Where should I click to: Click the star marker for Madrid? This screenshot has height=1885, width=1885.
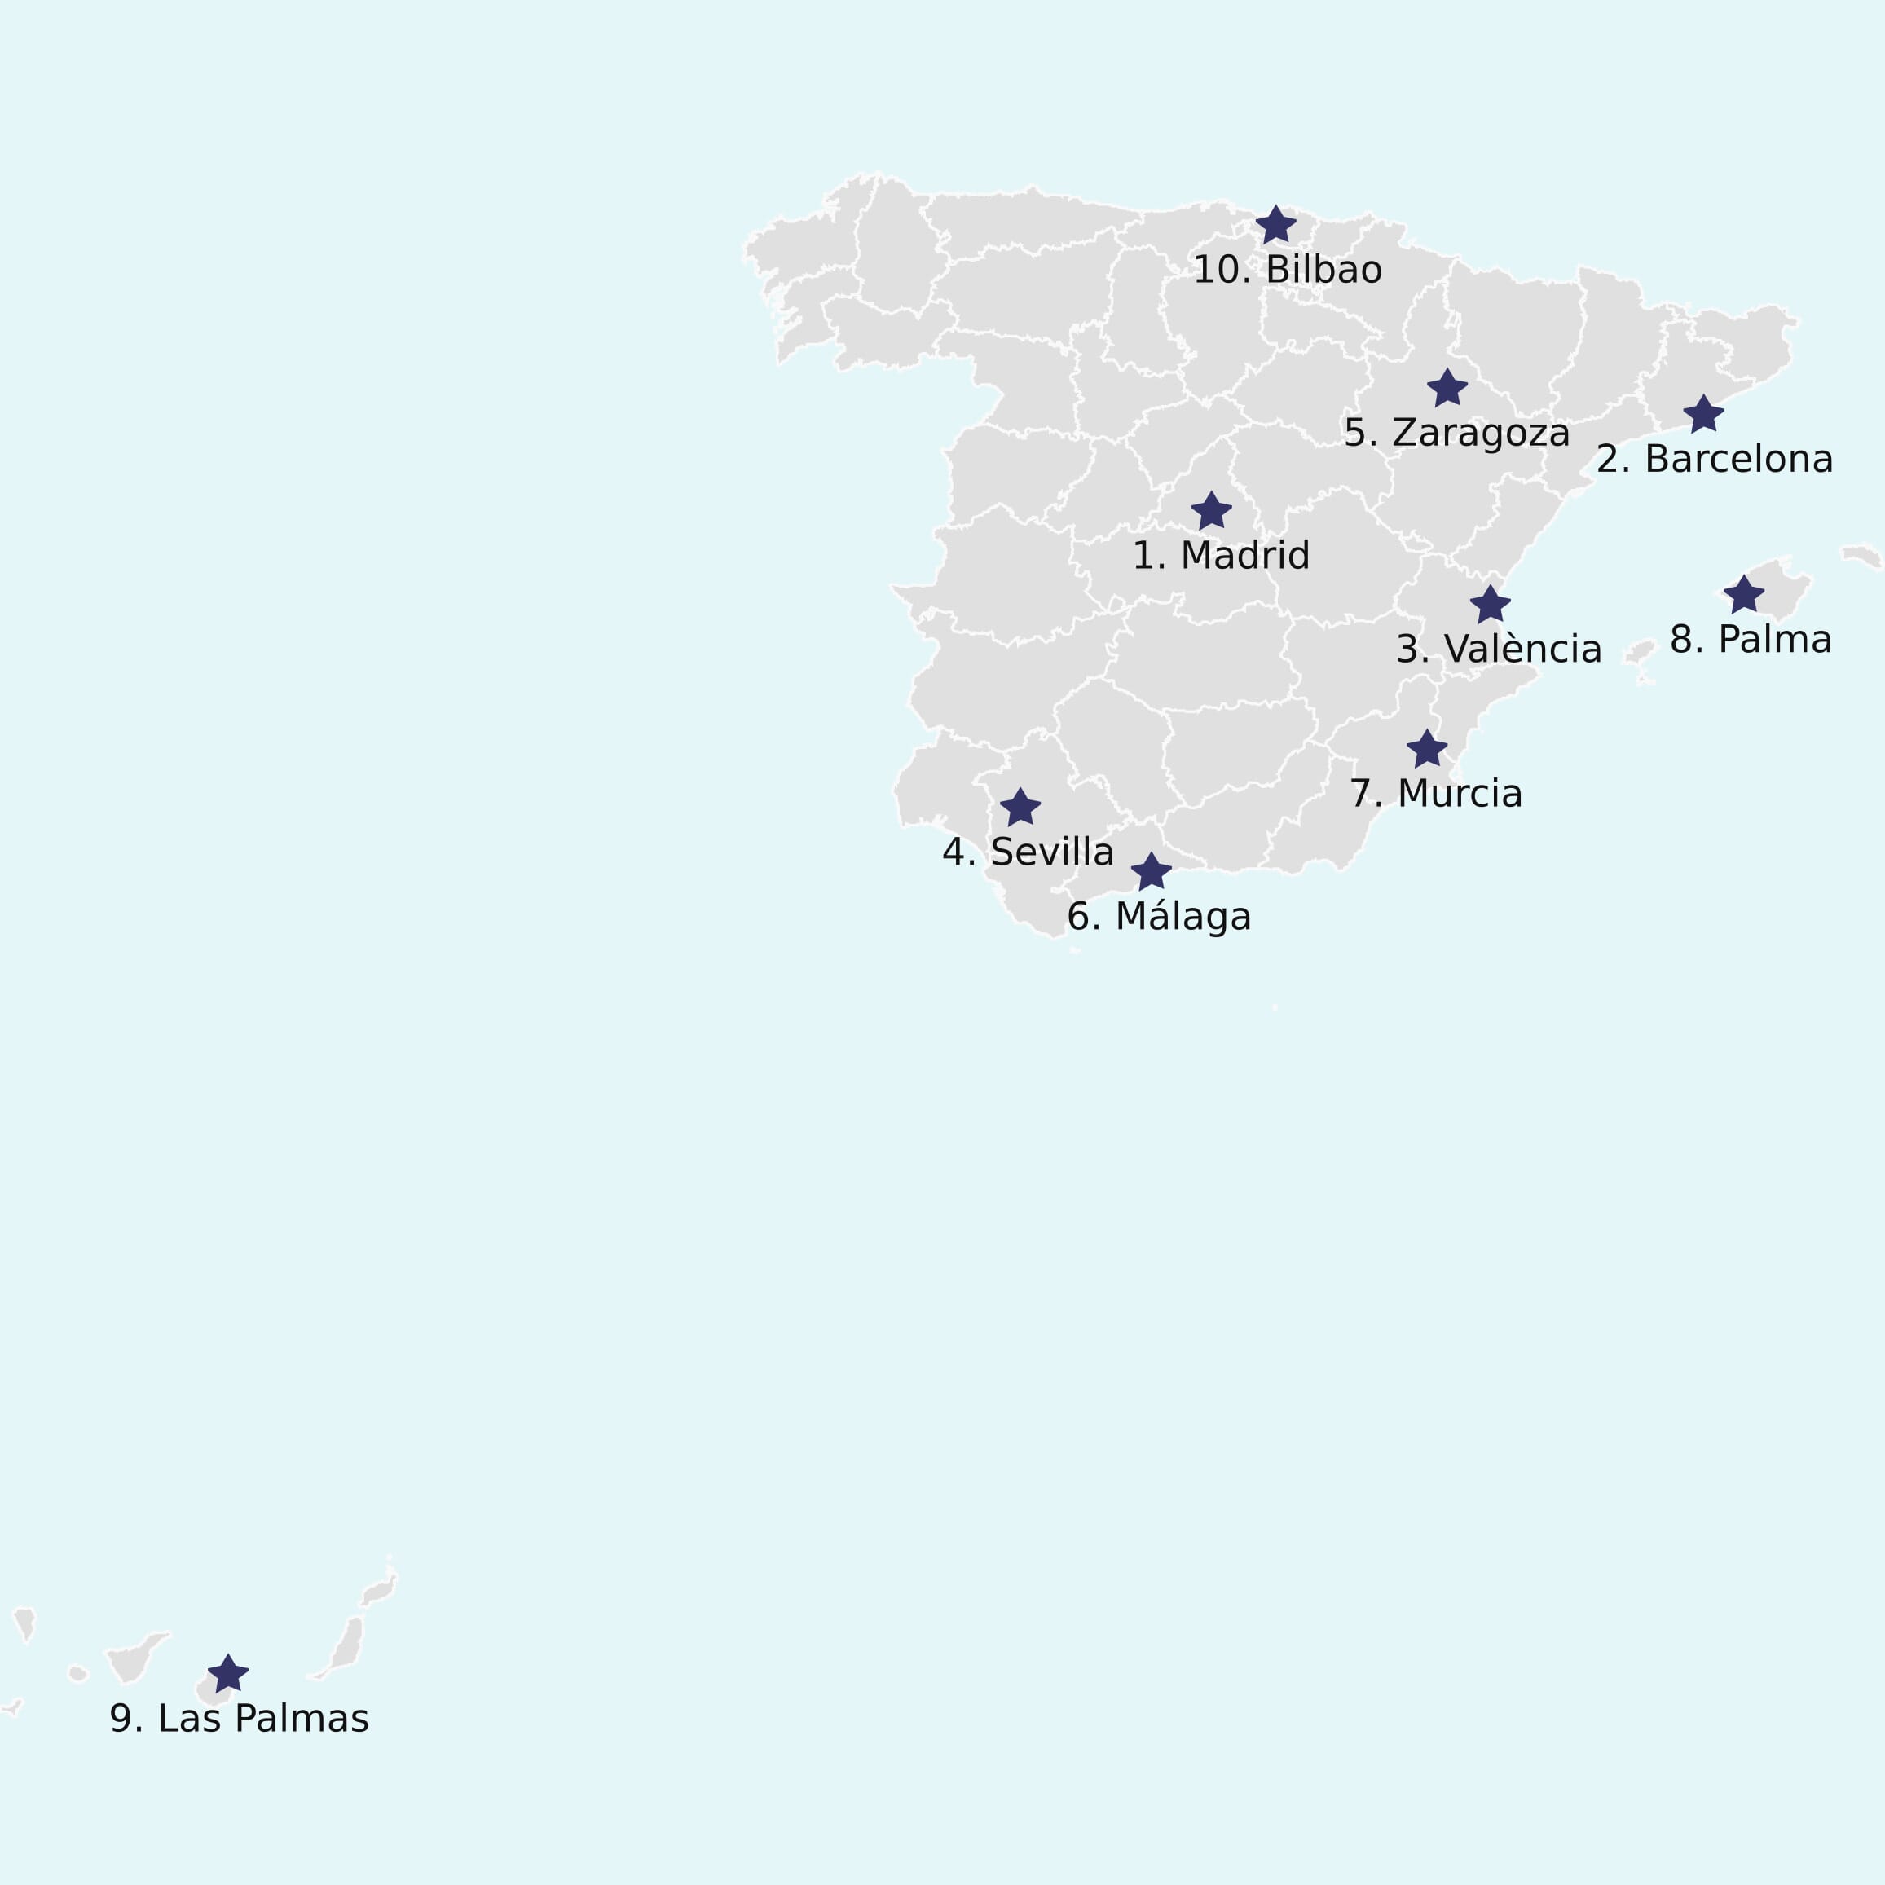coord(1211,511)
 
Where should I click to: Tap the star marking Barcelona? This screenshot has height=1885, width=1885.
coord(1703,414)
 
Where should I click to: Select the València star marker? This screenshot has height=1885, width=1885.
coord(1490,604)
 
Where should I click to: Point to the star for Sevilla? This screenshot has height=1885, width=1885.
coord(1020,807)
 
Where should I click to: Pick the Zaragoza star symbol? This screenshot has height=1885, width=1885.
coord(1447,387)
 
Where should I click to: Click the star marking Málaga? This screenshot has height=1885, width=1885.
coord(1152,871)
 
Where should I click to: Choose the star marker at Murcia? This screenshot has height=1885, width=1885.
coord(1426,748)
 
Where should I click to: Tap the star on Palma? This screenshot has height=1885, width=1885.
coord(1743,594)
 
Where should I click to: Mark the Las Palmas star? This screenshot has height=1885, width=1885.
coord(228,1673)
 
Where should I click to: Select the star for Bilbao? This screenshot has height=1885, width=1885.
coord(1275,226)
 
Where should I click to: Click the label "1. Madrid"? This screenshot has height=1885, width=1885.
coord(1221,556)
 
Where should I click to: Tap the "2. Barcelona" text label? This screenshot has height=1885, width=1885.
coord(1714,460)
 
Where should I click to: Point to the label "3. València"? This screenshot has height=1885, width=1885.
coord(1499,649)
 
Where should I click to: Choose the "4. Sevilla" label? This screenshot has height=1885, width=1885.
coord(1028,852)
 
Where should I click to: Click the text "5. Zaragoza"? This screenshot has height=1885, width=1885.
coord(1456,434)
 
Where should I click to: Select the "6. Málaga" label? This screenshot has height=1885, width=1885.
coord(1158,917)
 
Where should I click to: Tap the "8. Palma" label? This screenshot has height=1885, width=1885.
coord(1751,640)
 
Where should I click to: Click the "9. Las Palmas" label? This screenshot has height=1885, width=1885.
coord(239,1719)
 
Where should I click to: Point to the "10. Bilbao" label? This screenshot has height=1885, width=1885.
coord(1287,271)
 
